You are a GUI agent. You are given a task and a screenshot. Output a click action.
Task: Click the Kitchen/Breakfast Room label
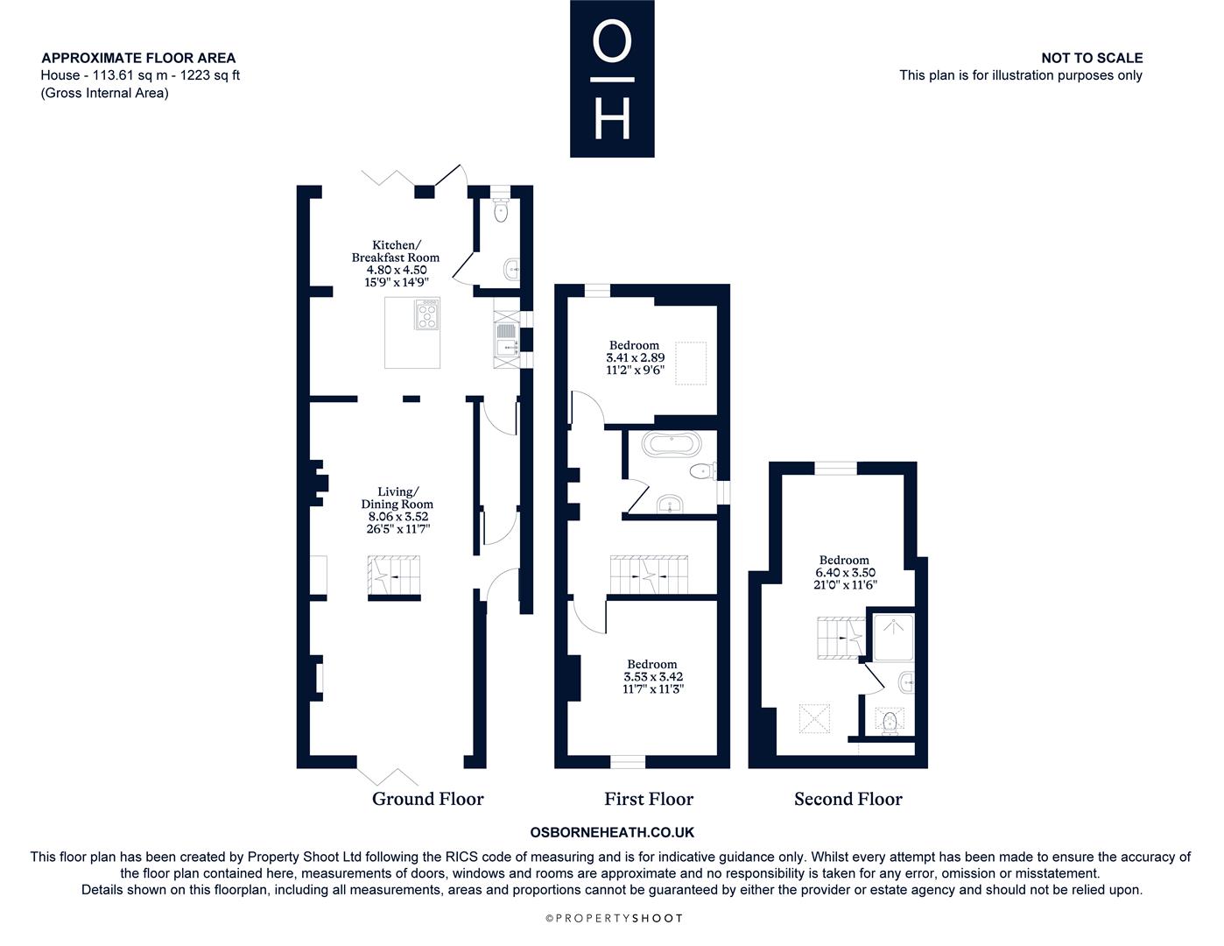[396, 251]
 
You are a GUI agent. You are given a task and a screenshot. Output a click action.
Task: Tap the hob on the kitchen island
[426, 314]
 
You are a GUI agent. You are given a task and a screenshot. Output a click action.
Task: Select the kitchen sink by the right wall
[506, 340]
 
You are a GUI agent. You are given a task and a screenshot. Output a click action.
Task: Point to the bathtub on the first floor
[672, 444]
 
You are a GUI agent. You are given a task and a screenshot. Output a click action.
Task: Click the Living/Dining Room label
[397, 498]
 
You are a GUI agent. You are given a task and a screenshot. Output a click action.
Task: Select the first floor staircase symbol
[649, 575]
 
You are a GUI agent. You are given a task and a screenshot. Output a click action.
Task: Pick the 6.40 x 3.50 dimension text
[845, 573]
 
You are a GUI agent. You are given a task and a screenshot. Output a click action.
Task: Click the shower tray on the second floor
[893, 638]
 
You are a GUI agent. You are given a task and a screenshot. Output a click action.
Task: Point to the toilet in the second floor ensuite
[890, 723]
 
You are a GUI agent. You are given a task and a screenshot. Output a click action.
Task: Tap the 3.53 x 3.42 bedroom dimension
[653, 677]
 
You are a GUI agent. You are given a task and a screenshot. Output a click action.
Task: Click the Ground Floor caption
[427, 799]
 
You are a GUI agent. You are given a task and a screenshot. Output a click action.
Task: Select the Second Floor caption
[848, 799]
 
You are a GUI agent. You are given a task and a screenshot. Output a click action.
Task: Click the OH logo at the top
[612, 78]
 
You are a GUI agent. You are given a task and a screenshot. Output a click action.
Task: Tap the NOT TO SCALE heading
[1092, 58]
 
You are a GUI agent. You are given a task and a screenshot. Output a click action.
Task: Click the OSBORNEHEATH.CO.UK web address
[612, 832]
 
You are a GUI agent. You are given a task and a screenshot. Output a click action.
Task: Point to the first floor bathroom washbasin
[670, 503]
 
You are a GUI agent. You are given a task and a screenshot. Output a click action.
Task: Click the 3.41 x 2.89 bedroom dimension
[636, 357]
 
